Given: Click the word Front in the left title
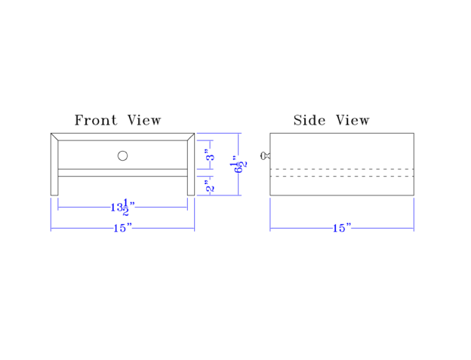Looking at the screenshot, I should (95, 120).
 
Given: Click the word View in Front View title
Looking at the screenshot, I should (143, 120).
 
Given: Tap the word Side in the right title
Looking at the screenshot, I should (307, 120).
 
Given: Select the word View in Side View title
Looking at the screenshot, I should (352, 120).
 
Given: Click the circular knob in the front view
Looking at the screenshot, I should (122, 155).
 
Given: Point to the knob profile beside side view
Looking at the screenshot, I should (265, 155).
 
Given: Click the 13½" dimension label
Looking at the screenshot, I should (122, 207).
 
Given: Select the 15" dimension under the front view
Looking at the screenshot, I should (122, 228).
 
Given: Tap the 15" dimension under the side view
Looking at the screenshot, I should (342, 228).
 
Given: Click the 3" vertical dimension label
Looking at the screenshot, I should (211, 156).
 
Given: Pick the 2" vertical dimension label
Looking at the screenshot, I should (211, 186).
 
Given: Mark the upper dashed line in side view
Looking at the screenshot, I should (342, 169).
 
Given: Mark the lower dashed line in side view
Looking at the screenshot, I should (342, 177).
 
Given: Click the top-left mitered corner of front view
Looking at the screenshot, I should (54, 137).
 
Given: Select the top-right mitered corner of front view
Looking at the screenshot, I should (191, 137).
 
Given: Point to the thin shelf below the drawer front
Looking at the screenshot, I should (122, 172).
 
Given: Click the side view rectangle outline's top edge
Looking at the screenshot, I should (342, 134).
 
